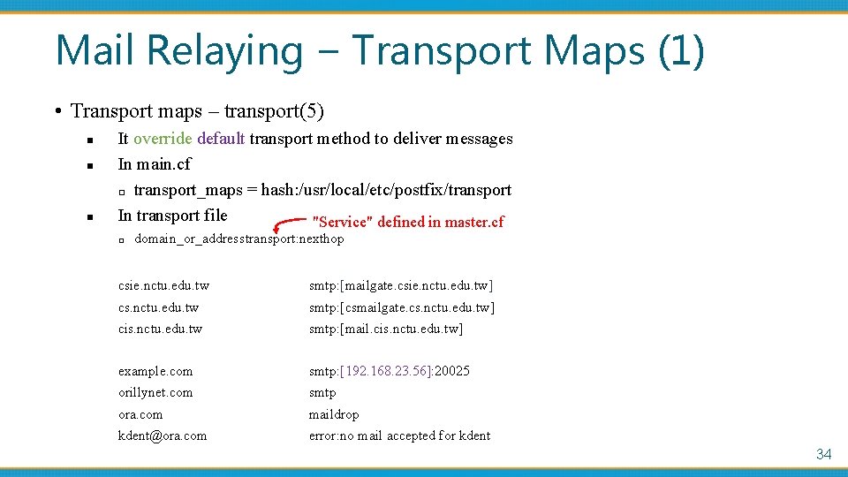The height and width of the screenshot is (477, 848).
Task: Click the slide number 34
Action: [823, 454]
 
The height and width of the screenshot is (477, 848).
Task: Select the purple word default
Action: [221, 139]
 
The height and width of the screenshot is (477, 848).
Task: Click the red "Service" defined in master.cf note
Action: [408, 222]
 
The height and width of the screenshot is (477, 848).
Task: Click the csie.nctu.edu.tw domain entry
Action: [163, 286]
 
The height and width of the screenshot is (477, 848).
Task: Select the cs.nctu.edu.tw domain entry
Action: [158, 307]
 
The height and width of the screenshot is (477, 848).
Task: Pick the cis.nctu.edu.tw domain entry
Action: [160, 329]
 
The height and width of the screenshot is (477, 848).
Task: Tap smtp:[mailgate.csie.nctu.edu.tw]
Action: [401, 286]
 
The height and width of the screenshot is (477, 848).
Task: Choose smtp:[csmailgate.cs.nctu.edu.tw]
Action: [402, 307]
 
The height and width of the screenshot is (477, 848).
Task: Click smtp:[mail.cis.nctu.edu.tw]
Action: [386, 329]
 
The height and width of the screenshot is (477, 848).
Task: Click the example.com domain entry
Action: [155, 371]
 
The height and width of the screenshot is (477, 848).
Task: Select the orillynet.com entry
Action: [155, 392]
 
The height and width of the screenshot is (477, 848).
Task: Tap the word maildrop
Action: [334, 414]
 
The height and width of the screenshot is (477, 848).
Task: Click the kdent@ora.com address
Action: [163, 435]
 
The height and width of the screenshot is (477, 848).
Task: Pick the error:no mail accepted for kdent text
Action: [399, 435]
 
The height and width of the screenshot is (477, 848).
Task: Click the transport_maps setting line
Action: [322, 190]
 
